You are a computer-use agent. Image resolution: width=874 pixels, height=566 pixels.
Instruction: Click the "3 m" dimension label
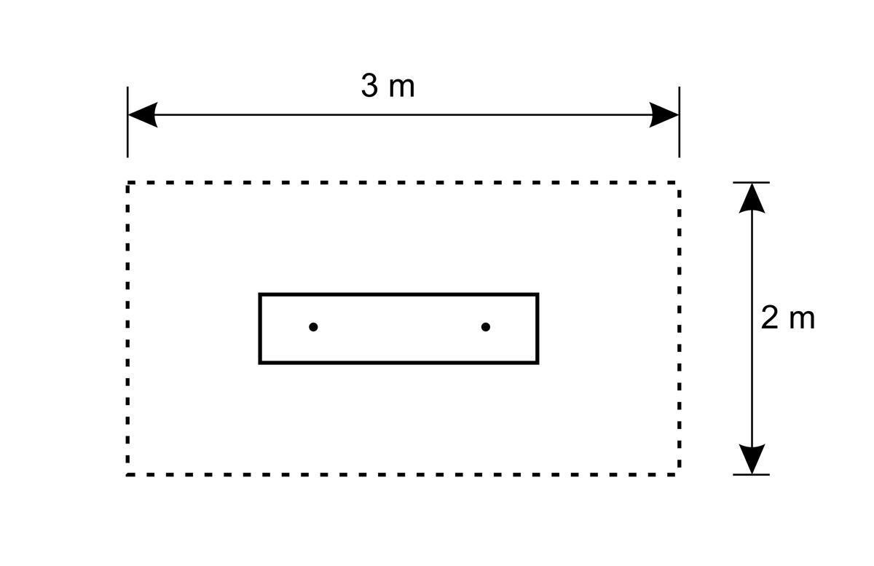coord(387,86)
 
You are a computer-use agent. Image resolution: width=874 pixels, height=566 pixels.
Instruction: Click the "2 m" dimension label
coord(788,318)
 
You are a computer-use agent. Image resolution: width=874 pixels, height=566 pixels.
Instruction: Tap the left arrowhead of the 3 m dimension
coord(143,115)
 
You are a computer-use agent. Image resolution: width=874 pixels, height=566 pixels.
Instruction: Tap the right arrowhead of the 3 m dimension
coord(664,115)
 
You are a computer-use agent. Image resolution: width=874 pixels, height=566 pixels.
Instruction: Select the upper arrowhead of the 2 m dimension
coord(752,198)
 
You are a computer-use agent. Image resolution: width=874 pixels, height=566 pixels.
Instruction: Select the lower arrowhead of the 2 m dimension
coord(752,459)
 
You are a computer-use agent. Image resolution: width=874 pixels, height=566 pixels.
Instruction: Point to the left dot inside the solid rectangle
coord(313,327)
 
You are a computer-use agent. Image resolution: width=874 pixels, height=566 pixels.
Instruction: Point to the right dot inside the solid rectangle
coord(486,327)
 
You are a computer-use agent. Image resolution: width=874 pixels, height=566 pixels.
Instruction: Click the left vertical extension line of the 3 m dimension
coord(127,122)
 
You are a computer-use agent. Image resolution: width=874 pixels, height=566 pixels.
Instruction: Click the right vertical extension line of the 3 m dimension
coord(680,122)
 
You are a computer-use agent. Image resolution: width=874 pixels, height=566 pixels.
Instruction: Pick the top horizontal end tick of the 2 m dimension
coord(751,182)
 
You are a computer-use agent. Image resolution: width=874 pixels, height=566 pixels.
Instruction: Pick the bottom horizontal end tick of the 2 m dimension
coord(751,475)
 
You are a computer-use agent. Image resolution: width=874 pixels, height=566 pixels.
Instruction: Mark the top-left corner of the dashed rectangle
coord(127,182)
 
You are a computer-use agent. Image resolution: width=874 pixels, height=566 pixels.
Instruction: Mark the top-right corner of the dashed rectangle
coord(680,182)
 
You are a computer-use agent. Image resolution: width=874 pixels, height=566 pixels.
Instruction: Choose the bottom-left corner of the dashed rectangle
coord(127,475)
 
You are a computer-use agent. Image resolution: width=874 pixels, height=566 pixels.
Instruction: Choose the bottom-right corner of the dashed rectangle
coord(680,475)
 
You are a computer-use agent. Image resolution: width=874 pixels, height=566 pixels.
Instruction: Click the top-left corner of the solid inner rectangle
coord(260,294)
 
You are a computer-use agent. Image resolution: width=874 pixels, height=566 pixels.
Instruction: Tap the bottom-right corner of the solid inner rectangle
coord(538,363)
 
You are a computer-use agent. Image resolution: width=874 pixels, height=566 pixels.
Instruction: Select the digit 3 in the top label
coord(369,86)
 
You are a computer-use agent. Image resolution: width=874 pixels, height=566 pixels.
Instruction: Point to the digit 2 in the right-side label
coord(769,318)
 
